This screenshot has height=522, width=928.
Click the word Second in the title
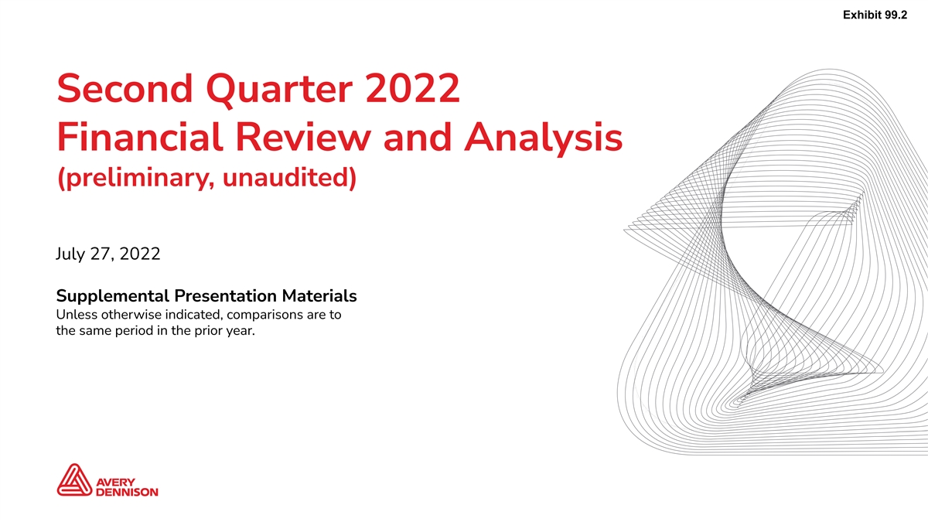[125, 88]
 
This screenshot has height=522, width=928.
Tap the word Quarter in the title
[279, 90]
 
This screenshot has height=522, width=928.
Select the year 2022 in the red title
[413, 88]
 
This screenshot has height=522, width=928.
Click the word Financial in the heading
[140, 137]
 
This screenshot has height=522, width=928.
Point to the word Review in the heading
[303, 137]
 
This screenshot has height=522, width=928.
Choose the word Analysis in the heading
[543, 138]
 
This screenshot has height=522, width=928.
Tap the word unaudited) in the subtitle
[289, 178]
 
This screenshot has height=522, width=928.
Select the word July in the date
[70, 254]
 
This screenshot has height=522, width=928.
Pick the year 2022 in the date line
[140, 254]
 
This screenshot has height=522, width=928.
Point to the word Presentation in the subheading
[225, 296]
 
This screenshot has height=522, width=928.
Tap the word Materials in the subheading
[319, 296]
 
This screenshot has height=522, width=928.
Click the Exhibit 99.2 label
[875, 15]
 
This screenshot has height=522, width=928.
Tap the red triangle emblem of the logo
[74, 479]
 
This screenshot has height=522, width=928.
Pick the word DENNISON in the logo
[127, 492]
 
